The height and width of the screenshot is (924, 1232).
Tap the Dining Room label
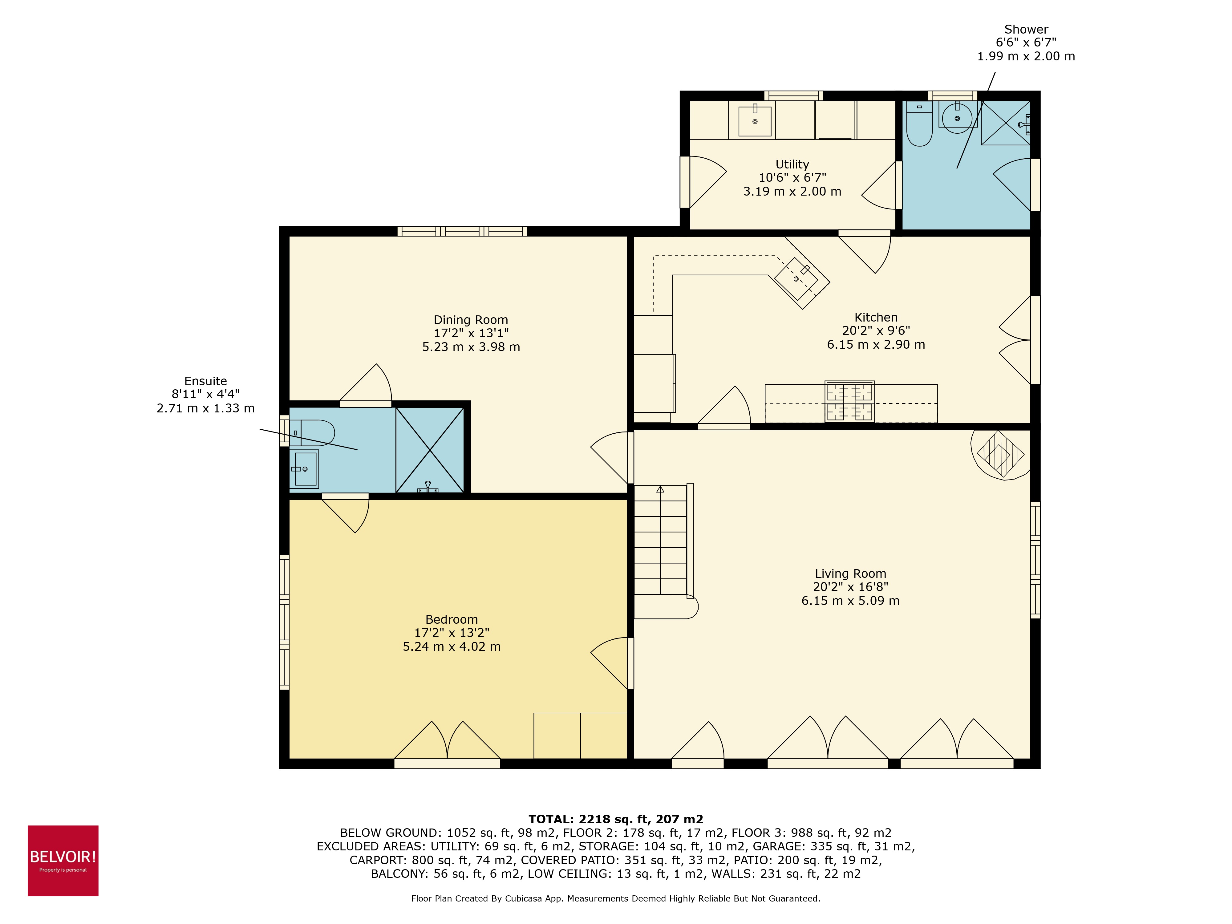pos(471,320)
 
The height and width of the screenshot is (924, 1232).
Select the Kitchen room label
pos(876,318)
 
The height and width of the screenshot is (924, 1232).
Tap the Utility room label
pos(792,164)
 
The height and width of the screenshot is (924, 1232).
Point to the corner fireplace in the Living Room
pos(1001,454)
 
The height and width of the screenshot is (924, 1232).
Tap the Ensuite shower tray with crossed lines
pos(429,450)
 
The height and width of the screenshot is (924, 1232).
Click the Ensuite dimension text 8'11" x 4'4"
pos(205,394)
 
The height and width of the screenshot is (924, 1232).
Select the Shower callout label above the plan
pos(1026,30)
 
